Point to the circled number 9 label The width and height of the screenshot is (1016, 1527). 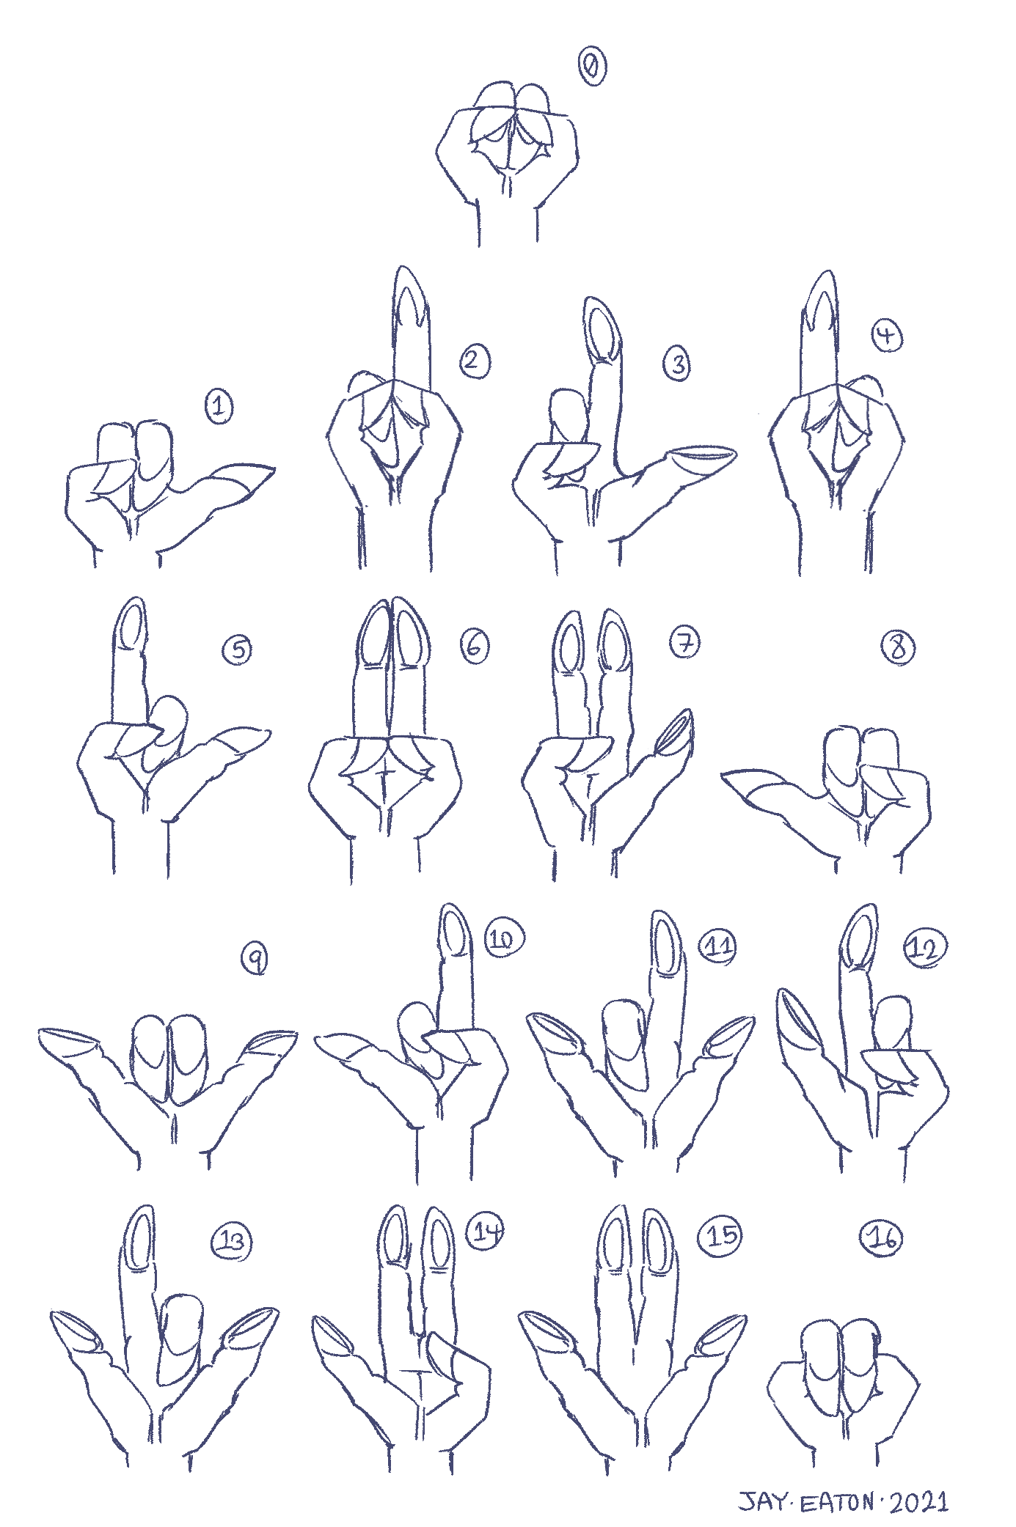[x=254, y=959]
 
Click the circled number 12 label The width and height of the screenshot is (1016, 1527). [x=926, y=947]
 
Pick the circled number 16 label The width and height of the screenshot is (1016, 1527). [x=880, y=1238]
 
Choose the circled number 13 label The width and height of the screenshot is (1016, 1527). [x=232, y=1241]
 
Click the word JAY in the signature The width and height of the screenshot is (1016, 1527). [x=760, y=1503]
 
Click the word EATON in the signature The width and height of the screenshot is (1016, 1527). [x=834, y=1503]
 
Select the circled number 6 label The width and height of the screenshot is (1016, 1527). [x=474, y=646]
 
